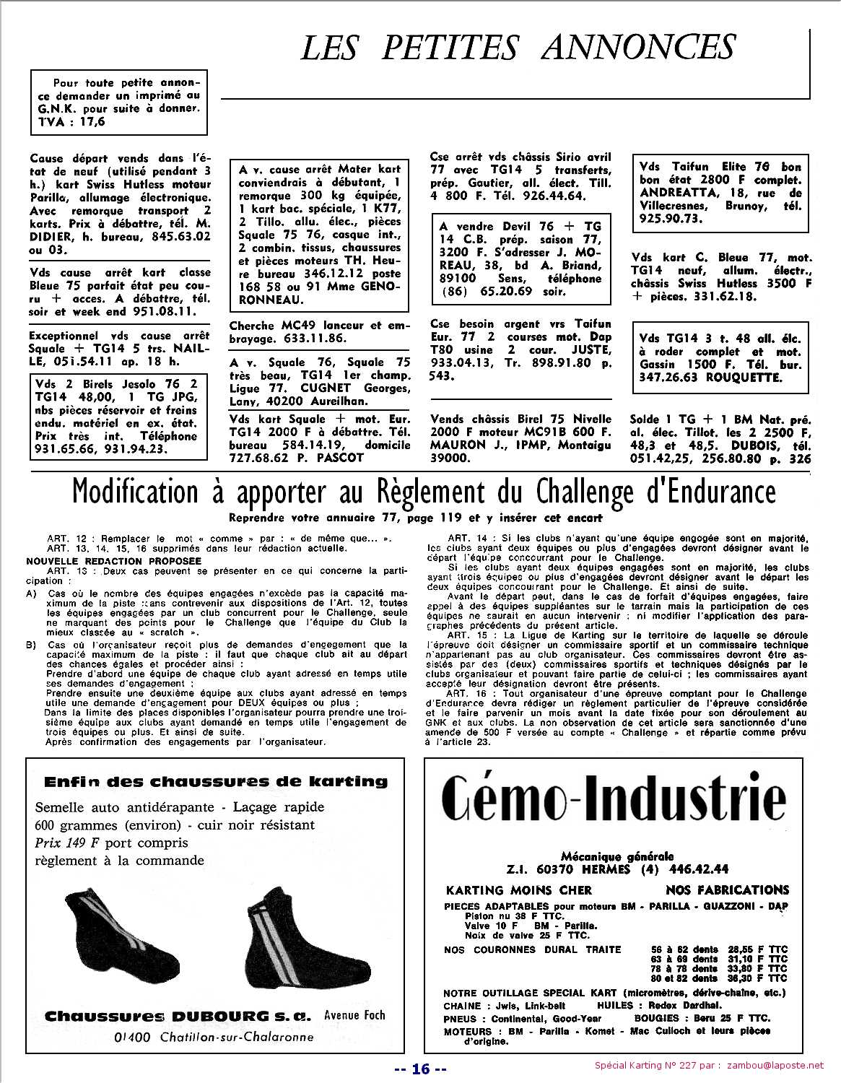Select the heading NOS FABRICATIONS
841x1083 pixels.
click(727, 890)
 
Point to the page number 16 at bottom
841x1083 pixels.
click(421, 1069)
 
